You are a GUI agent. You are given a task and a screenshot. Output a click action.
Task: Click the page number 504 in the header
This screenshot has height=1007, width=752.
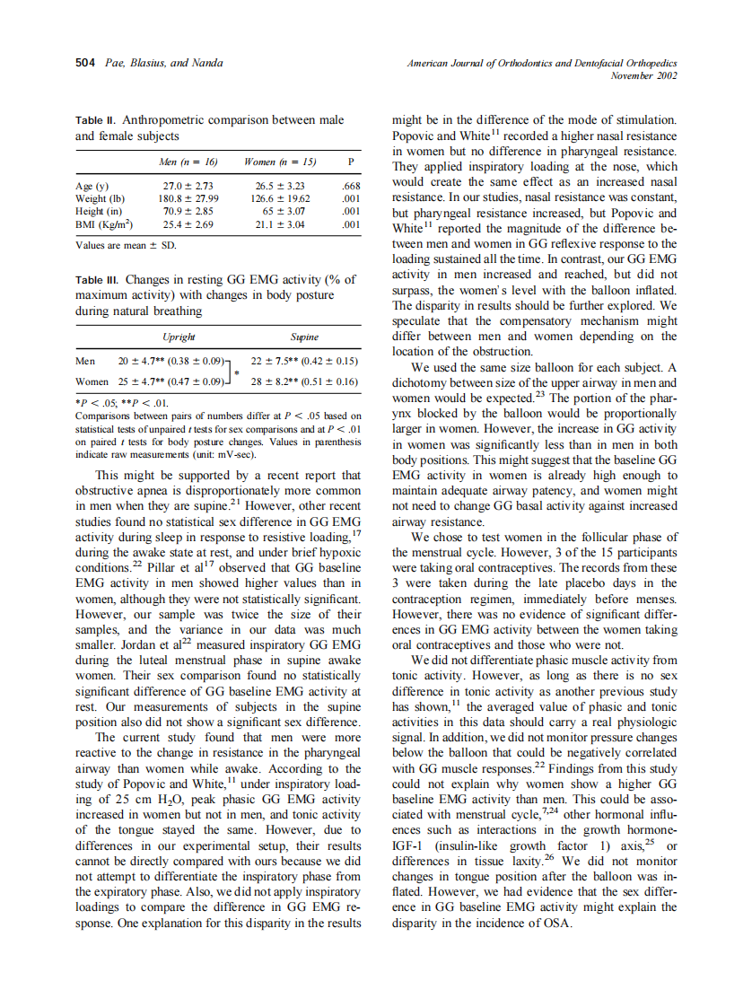[84, 63]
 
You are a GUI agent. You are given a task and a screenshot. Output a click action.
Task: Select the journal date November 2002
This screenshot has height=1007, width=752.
[643, 75]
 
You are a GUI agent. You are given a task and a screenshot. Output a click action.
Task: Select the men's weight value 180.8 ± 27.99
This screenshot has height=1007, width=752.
[188, 198]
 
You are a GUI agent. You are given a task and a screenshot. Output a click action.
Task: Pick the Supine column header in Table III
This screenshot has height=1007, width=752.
[304, 337]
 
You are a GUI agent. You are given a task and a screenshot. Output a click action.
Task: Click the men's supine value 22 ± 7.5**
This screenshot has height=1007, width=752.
[277, 361]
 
